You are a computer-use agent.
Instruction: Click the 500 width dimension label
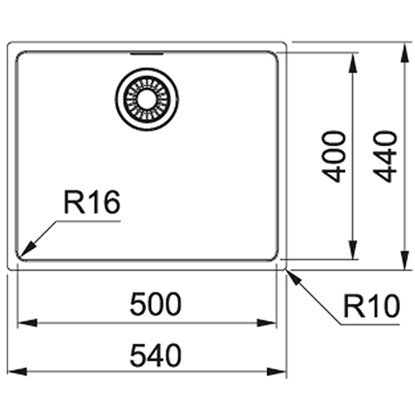pos(155,304)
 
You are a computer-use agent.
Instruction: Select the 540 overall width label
pos(155,355)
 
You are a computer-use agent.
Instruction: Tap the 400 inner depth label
pos(334,157)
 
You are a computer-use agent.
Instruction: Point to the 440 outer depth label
pos(385,157)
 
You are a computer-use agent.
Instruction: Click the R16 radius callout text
pos(92,203)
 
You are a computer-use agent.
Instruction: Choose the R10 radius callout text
pos(372,305)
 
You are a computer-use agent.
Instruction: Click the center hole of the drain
pos(147,99)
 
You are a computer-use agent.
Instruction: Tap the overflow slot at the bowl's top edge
pos(147,54)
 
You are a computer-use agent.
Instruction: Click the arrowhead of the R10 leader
pos(293,277)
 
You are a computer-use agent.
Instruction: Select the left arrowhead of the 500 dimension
pos(27,323)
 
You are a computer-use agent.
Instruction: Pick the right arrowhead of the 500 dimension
pos(267,323)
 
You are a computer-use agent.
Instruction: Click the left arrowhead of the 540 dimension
pos(17,372)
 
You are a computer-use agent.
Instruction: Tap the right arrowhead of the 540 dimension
pos(277,372)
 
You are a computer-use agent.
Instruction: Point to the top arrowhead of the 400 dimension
pos(352,62)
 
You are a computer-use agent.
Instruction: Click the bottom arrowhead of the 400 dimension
pos(352,250)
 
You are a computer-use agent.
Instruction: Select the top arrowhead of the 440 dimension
pos(405,53)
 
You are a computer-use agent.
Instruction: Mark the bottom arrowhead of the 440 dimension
pos(405,260)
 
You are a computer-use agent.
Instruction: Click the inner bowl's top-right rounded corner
pos(275,55)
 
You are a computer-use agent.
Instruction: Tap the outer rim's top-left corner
pos(9,44)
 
